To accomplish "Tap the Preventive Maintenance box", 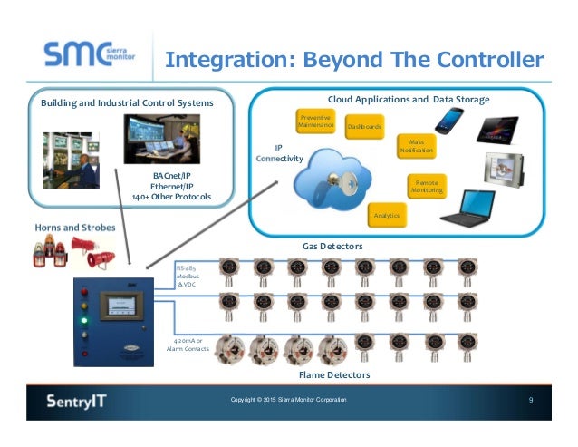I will point(316,120).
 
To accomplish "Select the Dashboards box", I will point(364,127).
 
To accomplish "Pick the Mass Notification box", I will point(417,146).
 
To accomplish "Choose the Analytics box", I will point(387,216).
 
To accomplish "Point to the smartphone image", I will point(448,120).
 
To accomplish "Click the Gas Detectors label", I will point(332,247).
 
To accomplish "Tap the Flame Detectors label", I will point(333,374).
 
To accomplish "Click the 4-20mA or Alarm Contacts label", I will point(188,344).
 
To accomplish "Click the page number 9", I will point(532,400).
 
